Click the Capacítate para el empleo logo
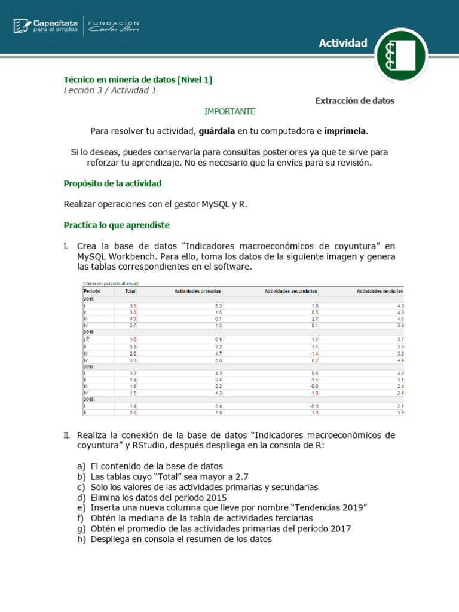point(45,26)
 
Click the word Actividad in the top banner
point(342,43)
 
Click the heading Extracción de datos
point(355,101)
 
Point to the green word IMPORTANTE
point(229,111)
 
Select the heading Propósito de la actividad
point(112,183)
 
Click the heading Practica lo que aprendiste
point(117,225)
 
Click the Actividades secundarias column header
point(291,291)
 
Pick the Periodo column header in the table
point(92,291)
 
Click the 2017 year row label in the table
point(89,367)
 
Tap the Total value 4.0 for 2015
point(133,319)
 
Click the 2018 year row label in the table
point(89,399)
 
